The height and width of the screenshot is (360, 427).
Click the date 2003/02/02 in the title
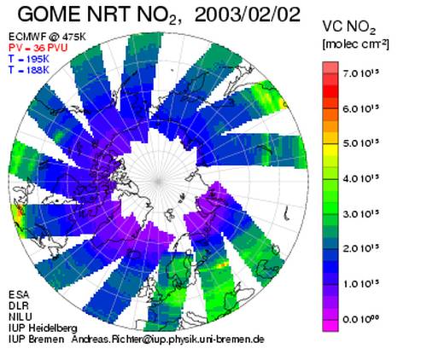(x=248, y=15)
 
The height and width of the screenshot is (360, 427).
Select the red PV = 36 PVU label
(x=38, y=48)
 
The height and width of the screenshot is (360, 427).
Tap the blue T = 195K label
(x=29, y=59)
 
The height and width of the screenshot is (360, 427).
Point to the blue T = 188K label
(x=29, y=70)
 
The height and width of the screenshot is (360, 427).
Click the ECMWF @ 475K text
(x=47, y=37)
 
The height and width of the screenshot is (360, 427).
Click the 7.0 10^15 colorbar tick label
(x=361, y=73)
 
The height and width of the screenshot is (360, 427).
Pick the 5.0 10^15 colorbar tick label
(x=361, y=143)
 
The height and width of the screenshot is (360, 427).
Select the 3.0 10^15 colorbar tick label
(x=361, y=213)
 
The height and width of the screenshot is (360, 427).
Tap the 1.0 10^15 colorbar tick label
(x=361, y=284)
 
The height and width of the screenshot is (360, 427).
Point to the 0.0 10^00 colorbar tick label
(x=361, y=319)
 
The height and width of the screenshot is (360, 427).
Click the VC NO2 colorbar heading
(x=349, y=28)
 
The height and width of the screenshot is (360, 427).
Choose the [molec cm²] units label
(x=355, y=44)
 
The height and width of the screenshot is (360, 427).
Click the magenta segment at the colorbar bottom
(x=330, y=326)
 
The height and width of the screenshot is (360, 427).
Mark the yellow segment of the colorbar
(x=330, y=149)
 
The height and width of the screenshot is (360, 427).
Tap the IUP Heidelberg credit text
(x=43, y=328)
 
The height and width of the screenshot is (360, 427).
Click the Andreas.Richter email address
(x=167, y=340)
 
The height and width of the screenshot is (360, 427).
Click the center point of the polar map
(x=158, y=181)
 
